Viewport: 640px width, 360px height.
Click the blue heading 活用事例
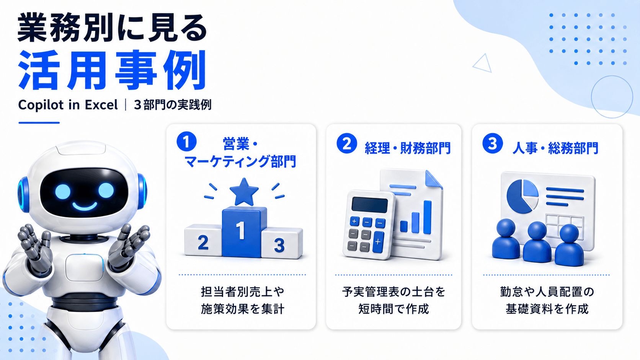tap(112, 70)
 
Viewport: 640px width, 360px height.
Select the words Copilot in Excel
tap(68, 105)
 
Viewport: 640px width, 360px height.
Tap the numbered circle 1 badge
tap(186, 141)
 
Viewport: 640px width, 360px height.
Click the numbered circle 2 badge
tap(346, 143)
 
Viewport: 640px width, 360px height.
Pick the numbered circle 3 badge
tap(493, 143)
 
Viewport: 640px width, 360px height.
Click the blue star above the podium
tap(244, 192)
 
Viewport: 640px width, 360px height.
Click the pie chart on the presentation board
tap(522, 196)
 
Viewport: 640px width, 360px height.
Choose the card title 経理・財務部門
tap(408, 148)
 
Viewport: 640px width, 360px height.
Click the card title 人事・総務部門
tap(555, 148)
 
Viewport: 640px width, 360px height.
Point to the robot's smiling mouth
tap(85, 206)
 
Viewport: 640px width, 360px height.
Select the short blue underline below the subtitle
tap(39, 123)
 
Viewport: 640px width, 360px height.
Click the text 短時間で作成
tap(394, 309)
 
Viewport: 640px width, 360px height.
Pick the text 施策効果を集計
tap(243, 309)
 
